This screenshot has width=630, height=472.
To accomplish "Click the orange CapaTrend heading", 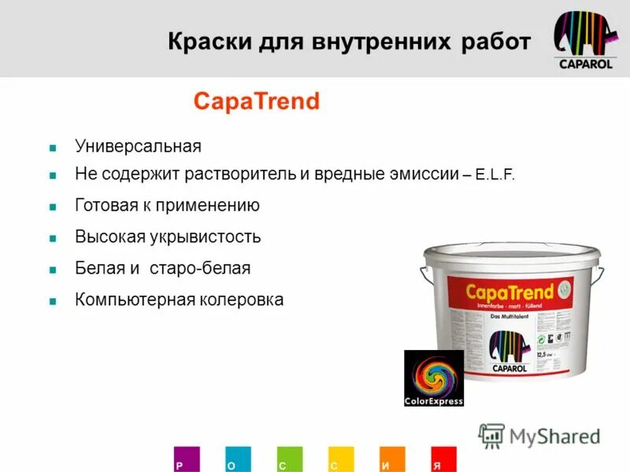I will pyautogui.click(x=257, y=101).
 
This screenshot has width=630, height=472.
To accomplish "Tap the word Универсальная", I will pyautogui.click(x=138, y=146).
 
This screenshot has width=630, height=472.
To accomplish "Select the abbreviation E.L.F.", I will pyautogui.click(x=495, y=175).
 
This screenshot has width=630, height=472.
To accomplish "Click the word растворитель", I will pyautogui.click(x=239, y=175).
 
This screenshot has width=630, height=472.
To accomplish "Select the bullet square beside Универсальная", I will pyautogui.click(x=53, y=147).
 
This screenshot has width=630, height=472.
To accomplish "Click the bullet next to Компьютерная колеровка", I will pyautogui.click(x=53, y=301).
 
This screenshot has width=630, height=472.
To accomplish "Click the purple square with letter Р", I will pyautogui.click(x=187, y=459).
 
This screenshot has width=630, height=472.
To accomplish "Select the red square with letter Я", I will pyautogui.click(x=444, y=459).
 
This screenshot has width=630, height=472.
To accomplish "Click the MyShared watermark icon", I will pyautogui.click(x=491, y=435).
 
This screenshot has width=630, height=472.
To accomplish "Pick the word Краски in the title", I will pyautogui.click(x=206, y=42).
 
